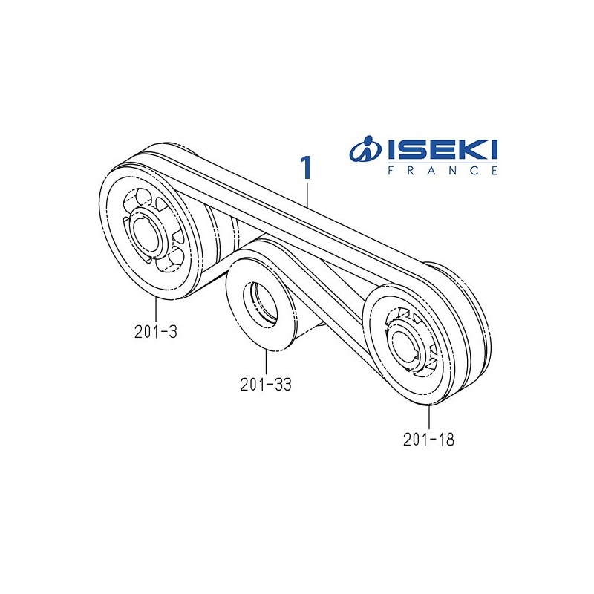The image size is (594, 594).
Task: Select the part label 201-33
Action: tap(265, 385)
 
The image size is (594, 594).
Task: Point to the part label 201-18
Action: tap(428, 439)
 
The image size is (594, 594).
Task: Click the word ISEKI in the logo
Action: tap(443, 151)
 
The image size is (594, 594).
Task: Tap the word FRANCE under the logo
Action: tap(443, 170)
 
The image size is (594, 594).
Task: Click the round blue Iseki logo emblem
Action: tap(366, 151)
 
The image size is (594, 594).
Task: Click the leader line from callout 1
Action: tap(307, 194)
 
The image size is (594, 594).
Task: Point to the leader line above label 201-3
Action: tap(157, 310)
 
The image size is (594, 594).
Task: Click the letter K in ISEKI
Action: tap(468, 151)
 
